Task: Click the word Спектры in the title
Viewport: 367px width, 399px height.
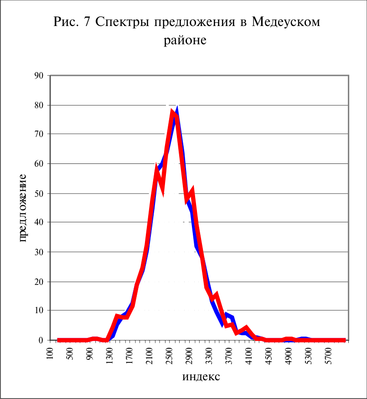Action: click(122, 22)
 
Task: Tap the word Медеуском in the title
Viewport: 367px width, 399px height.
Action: click(286, 22)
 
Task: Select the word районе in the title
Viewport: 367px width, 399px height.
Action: click(185, 41)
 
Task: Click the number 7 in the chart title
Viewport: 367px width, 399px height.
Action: click(87, 21)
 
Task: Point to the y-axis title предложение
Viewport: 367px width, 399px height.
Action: click(22, 208)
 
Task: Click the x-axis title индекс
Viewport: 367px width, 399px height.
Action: click(201, 377)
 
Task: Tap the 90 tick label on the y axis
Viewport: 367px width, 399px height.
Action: click(39, 76)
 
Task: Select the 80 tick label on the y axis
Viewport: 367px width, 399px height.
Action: click(39, 105)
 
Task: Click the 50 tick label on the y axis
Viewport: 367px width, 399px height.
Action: click(39, 194)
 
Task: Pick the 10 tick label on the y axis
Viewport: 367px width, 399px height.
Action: click(39, 310)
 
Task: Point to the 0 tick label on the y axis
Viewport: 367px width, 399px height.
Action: click(41, 340)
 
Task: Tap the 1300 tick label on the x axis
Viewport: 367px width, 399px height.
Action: click(109, 356)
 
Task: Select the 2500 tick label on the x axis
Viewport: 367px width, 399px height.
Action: click(169, 356)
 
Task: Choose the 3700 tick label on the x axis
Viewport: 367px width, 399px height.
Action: click(229, 356)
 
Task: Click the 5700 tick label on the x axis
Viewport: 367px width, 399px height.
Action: click(329, 356)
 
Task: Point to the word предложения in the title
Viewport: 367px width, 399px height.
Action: click(194, 22)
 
